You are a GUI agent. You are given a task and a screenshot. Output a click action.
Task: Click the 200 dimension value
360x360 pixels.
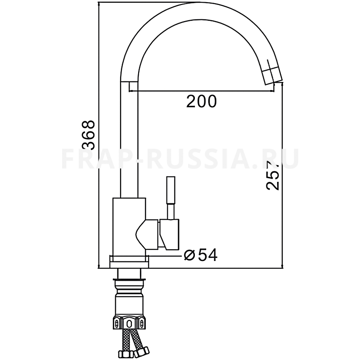(x=201, y=101)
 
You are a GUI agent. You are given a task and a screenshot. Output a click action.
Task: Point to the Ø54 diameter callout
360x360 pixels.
(x=200, y=255)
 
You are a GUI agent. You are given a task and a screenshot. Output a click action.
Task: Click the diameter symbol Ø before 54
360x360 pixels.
(x=189, y=256)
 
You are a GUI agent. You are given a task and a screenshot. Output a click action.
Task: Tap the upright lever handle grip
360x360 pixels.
(x=171, y=190)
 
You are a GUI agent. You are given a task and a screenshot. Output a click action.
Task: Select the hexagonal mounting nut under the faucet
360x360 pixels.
(x=129, y=323)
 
